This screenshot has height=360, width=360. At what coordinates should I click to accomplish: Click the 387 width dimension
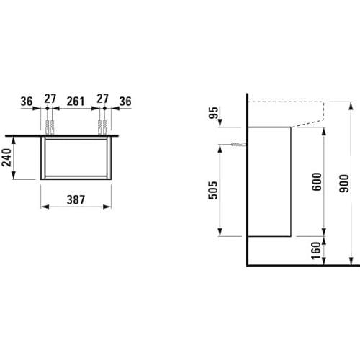point(76,199)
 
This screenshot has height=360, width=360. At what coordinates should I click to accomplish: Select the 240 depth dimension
point(6,158)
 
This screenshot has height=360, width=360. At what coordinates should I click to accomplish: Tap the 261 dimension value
point(76,102)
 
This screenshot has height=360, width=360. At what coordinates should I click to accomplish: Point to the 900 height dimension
point(344,184)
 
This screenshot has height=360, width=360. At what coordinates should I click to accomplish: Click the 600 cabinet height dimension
point(317,181)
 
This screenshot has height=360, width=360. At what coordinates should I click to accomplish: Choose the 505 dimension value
point(213,190)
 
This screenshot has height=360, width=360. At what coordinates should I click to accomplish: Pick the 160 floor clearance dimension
point(316,251)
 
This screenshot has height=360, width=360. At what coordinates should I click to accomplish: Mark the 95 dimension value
point(213,113)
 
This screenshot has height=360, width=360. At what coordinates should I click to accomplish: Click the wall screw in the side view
point(238,145)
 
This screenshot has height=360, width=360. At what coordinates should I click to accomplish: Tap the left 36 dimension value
point(27,102)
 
